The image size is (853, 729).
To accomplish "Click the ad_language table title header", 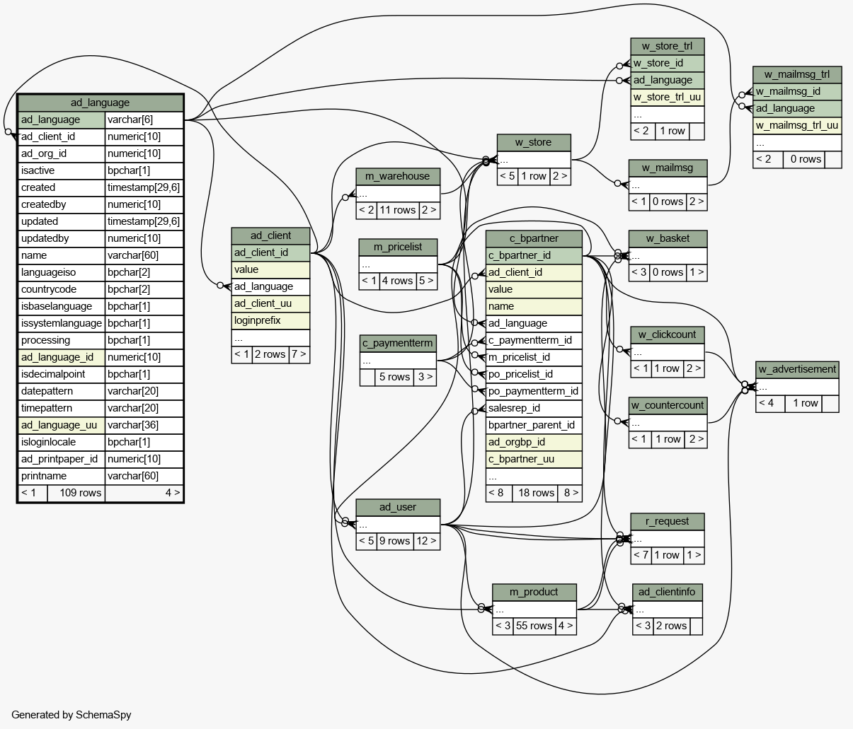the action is [101, 103].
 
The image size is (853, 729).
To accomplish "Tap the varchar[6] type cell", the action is [144, 120].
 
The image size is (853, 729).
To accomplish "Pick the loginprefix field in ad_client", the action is [270, 321].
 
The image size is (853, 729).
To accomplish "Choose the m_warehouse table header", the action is [398, 177].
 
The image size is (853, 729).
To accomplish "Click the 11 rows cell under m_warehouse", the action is [397, 210].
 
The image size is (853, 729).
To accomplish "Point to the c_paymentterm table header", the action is [398, 343].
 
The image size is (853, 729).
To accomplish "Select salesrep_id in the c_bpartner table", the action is [534, 408].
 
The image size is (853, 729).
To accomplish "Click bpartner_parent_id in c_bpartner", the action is [534, 425].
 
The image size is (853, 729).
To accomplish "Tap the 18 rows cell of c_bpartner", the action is [535, 493].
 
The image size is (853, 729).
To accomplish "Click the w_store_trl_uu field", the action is [668, 98].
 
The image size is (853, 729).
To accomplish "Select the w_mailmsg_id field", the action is [797, 91].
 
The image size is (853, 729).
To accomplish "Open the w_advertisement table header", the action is [797, 369].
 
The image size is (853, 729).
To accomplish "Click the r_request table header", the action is [668, 522].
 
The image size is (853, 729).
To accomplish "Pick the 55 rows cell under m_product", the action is [534, 626].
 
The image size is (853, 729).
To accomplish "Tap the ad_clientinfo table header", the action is [668, 592].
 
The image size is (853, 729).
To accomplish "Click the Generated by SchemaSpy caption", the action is [71, 715].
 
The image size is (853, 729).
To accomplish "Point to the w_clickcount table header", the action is [668, 335].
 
